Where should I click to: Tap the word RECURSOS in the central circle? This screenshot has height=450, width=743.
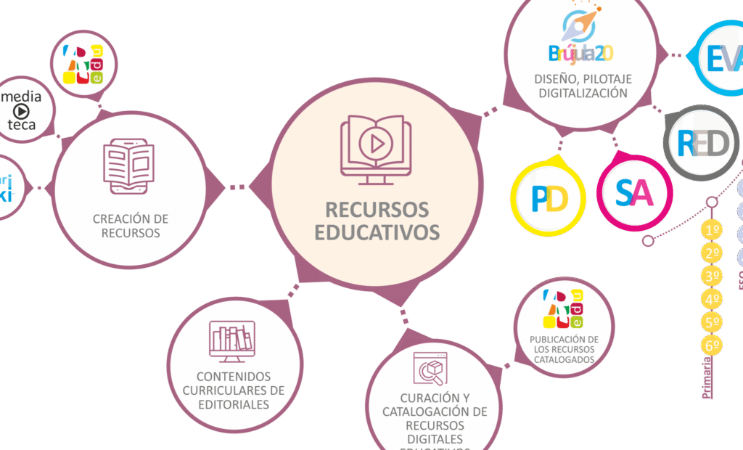click(x=377, y=210)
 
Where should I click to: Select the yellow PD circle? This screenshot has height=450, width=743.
click(x=548, y=200)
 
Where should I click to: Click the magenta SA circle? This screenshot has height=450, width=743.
click(x=634, y=193)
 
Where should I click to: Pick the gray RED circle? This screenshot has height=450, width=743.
click(x=702, y=143)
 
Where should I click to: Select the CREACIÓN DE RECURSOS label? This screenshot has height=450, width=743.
click(x=131, y=226)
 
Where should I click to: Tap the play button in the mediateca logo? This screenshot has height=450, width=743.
click(x=22, y=111)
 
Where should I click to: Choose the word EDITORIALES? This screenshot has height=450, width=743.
click(x=234, y=404)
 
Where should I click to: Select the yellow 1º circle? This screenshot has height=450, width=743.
click(x=713, y=231)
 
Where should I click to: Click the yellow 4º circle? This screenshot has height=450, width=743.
click(x=713, y=299)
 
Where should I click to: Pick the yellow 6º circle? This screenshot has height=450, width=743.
click(x=713, y=345)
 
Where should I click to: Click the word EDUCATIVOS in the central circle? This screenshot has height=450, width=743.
click(x=377, y=232)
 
